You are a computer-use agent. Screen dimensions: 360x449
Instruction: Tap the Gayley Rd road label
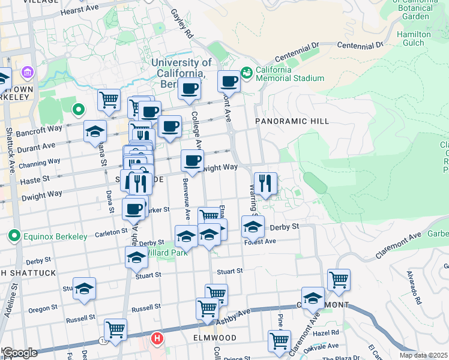tap(181, 23)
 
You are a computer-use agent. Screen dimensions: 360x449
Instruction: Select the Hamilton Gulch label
tap(414, 38)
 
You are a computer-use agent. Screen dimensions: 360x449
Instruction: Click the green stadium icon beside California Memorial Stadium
tap(246, 73)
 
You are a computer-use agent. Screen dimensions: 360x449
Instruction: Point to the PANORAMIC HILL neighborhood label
tap(292, 121)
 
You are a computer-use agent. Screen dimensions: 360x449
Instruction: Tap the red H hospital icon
tap(157, 339)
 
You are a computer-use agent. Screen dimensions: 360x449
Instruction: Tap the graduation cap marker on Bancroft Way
tap(94, 131)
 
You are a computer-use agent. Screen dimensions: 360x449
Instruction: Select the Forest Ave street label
tap(260, 241)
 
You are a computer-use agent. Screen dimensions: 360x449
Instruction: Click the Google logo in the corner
tap(20, 353)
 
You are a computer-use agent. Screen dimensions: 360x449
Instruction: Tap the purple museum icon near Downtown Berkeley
tap(26, 73)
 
